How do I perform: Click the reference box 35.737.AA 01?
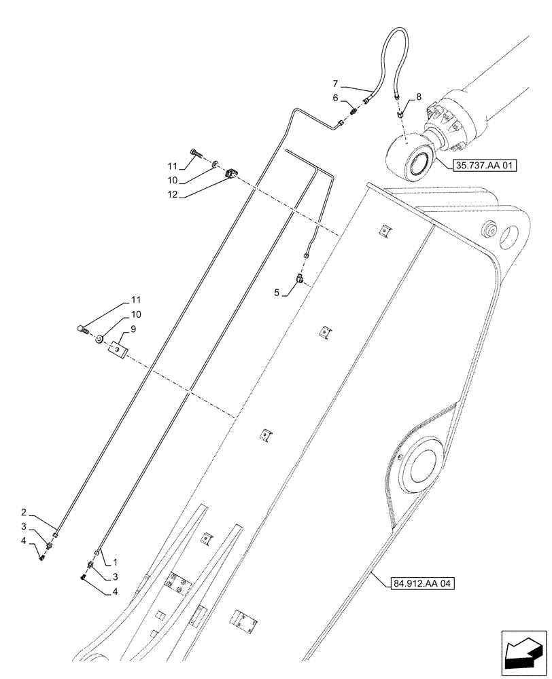coord(483,164)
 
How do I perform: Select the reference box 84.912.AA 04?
coord(422,583)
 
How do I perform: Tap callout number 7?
coord(335,84)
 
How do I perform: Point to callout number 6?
coord(335,98)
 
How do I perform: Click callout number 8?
coord(418,97)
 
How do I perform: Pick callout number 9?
coord(133,328)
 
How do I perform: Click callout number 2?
coord(42,513)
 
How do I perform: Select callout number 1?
coord(116,562)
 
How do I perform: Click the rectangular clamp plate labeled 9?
coord(120,350)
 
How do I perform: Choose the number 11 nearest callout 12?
coord(173,165)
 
